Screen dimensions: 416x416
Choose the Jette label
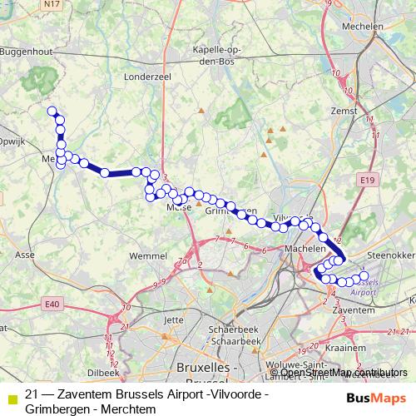(174, 319)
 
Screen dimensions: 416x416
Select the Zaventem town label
(349, 310)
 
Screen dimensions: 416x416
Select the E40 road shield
(53, 305)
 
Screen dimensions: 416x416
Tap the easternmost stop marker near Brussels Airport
(364, 275)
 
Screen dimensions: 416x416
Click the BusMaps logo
(377, 398)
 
